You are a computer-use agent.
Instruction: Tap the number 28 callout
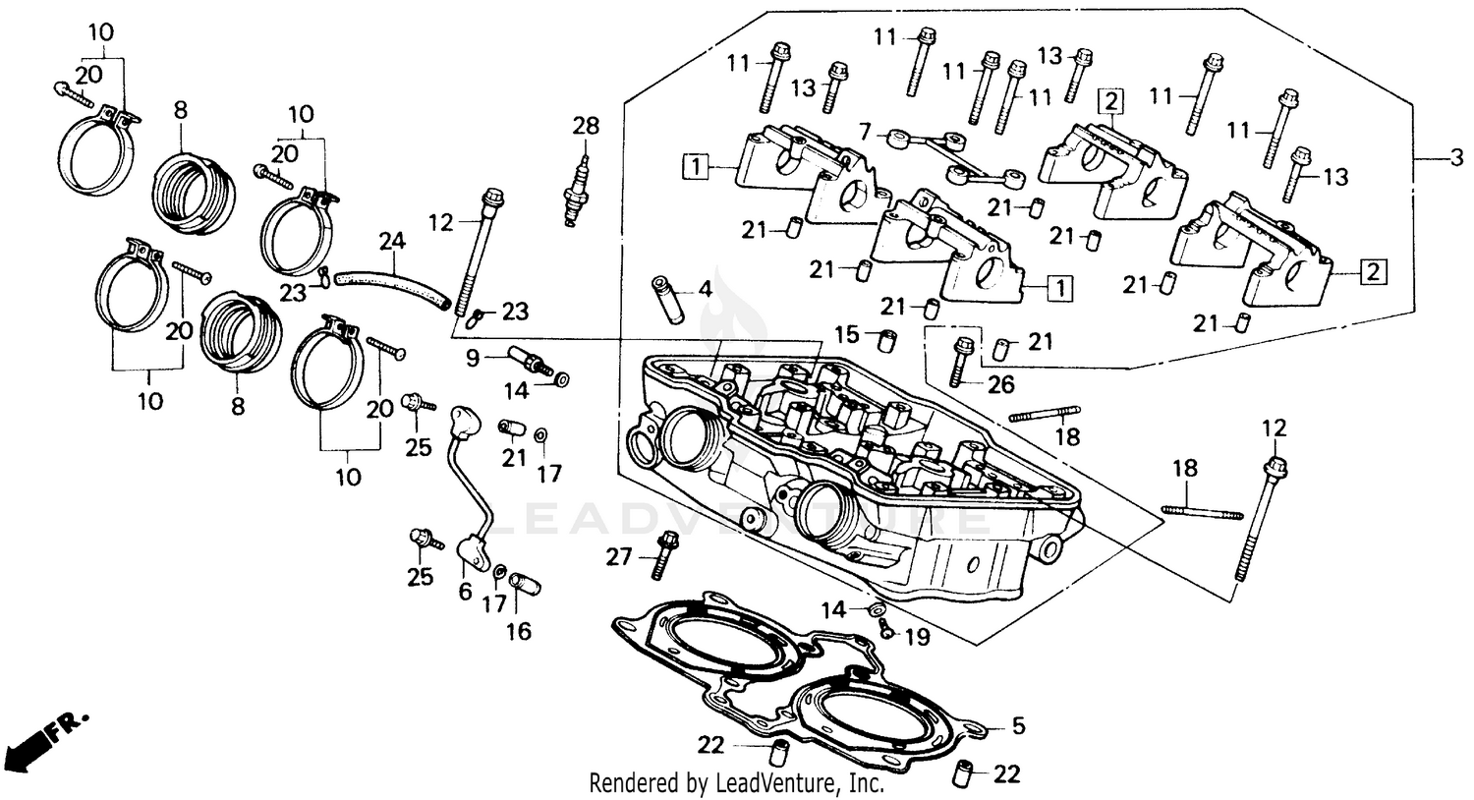click(586, 126)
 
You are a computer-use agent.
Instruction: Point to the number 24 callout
click(392, 239)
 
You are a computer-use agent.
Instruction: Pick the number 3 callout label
click(1455, 157)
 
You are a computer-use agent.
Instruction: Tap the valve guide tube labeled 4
click(665, 301)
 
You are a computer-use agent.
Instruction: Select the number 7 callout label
click(864, 131)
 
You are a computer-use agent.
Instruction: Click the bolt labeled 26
click(962, 361)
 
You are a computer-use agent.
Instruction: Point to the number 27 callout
click(618, 557)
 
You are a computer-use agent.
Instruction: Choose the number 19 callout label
click(916, 637)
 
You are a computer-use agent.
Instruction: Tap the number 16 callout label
click(518, 630)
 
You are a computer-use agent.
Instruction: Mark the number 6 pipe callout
click(465, 591)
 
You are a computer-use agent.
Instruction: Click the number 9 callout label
click(473, 358)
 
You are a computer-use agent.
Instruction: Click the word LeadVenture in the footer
click(776, 783)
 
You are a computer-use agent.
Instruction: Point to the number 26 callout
click(1000, 386)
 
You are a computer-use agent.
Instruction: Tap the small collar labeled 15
click(884, 341)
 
